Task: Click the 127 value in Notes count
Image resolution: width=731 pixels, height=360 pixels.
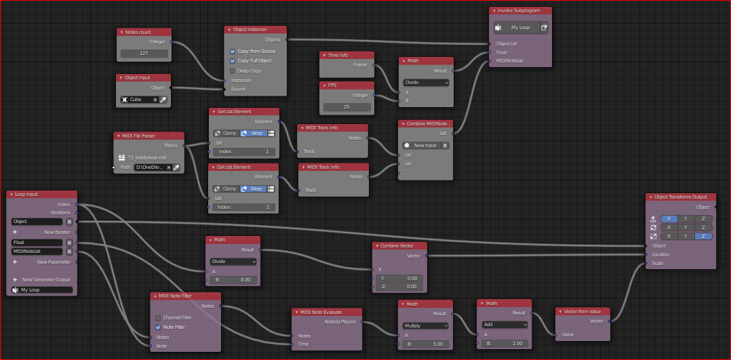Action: click(x=144, y=54)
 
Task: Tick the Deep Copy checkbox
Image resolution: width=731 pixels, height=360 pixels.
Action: click(x=232, y=71)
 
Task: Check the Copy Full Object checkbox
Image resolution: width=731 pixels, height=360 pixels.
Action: click(x=232, y=60)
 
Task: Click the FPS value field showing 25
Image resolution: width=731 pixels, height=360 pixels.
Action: click(x=347, y=107)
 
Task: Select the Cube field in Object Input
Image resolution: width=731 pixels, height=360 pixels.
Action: click(x=140, y=100)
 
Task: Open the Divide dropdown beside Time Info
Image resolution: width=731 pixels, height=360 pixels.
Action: click(x=426, y=82)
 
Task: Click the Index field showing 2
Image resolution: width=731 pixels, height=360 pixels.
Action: click(x=244, y=207)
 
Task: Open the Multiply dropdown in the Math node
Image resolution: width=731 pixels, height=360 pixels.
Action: click(x=425, y=325)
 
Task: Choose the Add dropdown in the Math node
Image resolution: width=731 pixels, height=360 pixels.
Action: click(x=505, y=325)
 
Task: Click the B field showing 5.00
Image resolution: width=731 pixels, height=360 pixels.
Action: click(x=425, y=344)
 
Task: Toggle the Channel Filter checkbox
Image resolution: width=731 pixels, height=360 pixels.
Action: click(x=158, y=317)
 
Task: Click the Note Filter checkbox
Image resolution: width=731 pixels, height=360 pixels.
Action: click(x=158, y=327)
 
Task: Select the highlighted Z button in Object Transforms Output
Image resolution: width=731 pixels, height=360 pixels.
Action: click(x=703, y=237)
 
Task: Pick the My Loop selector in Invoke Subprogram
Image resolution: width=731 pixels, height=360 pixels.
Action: click(x=517, y=28)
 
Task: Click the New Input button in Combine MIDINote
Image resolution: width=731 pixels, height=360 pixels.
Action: click(x=422, y=146)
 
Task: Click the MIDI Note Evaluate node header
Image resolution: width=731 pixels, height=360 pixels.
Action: click(x=326, y=312)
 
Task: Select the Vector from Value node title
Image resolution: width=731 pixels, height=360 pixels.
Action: click(x=582, y=311)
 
